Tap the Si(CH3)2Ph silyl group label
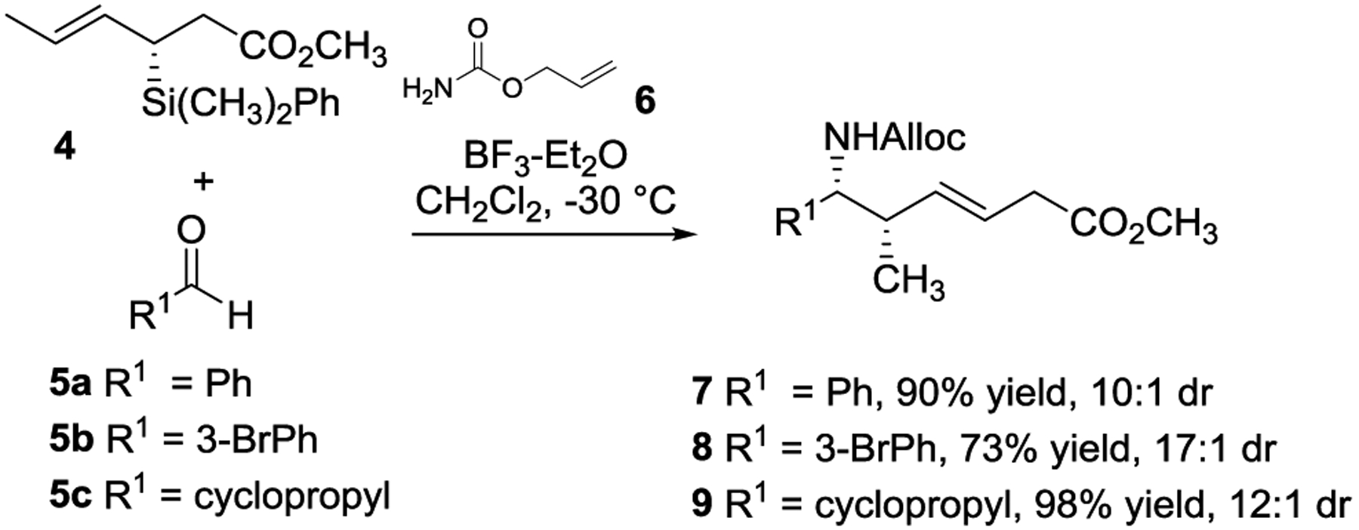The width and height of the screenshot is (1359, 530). point(241,103)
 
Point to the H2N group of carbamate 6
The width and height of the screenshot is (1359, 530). point(427,91)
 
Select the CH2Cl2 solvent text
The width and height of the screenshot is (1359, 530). point(478,202)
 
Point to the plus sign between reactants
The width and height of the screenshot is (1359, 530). point(202,182)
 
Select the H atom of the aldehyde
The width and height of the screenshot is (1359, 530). point(240,316)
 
